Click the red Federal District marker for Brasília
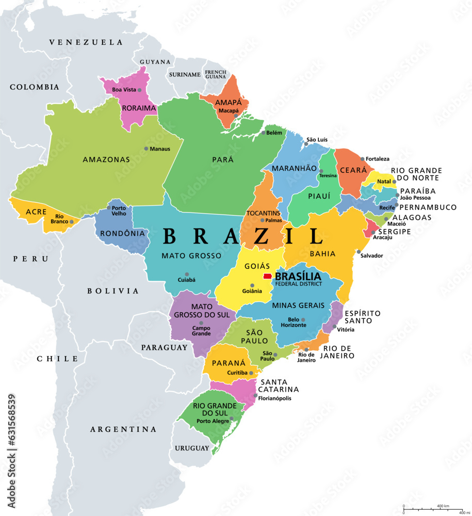(268, 277)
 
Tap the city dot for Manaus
(146, 149)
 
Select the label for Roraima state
(139, 108)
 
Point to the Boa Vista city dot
(139, 90)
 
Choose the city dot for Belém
(263, 133)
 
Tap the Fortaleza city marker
(363, 159)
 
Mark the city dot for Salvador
(359, 252)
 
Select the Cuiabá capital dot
(187, 275)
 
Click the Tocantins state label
(263, 213)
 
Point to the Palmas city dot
(262, 220)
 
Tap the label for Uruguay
(192, 448)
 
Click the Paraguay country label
(165, 348)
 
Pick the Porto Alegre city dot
(232, 419)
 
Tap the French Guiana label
(216, 74)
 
